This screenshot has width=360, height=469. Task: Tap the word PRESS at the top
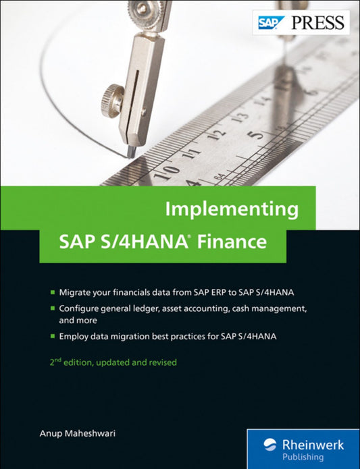(319, 24)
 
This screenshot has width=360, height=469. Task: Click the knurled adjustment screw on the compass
(112, 100)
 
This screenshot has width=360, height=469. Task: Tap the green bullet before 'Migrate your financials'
(53, 292)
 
